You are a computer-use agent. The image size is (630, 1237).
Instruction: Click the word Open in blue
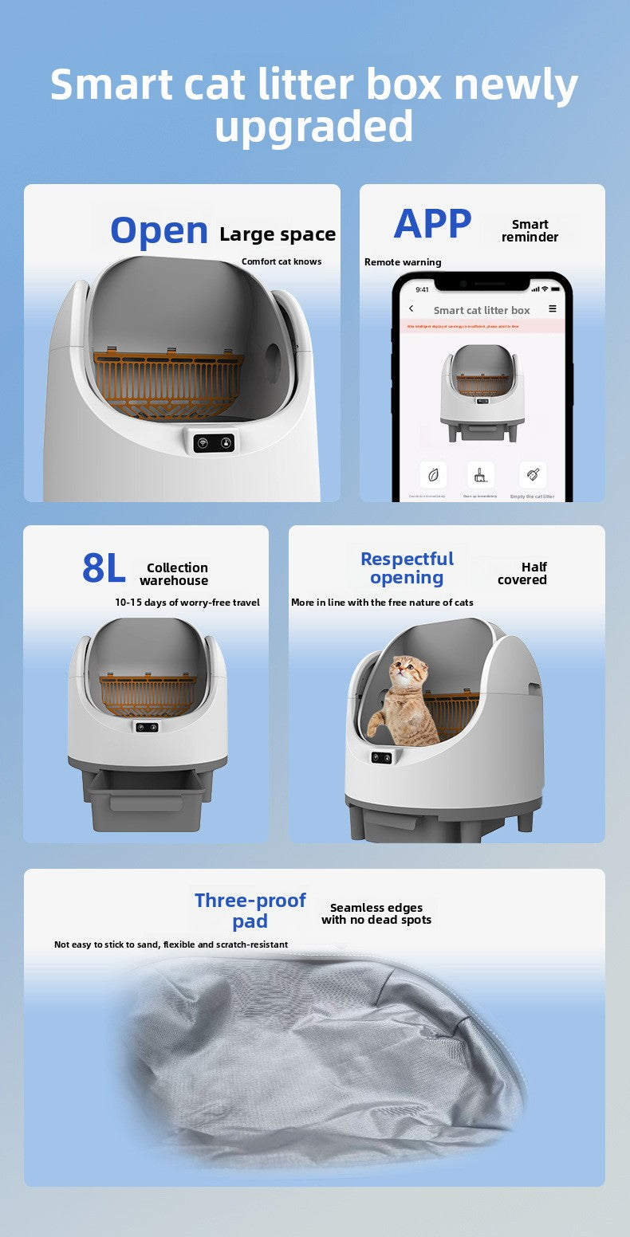tap(159, 230)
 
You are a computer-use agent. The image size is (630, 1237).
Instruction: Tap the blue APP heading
tap(432, 224)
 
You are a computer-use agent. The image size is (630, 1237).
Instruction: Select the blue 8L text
tap(104, 568)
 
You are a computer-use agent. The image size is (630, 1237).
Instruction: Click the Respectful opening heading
tap(407, 568)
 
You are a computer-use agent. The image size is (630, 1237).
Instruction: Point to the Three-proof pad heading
tap(250, 910)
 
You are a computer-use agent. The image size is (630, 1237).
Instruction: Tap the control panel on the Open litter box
tap(214, 442)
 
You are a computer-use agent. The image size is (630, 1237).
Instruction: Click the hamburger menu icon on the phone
tap(553, 309)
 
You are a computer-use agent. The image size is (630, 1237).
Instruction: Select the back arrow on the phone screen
tap(411, 309)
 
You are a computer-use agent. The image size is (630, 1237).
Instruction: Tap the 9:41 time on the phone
tap(422, 289)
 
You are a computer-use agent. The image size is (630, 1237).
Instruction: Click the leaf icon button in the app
tap(433, 475)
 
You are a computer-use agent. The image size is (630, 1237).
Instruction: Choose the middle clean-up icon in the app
tap(480, 475)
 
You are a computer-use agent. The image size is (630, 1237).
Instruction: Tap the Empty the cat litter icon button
tap(532, 475)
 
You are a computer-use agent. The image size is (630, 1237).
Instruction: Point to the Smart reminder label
tap(530, 230)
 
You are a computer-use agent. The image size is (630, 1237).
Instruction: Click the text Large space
tap(278, 234)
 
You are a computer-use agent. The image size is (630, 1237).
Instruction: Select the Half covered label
tap(523, 573)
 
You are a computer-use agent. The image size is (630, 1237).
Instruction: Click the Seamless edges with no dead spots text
tap(376, 913)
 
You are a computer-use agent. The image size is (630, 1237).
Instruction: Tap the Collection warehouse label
tap(175, 574)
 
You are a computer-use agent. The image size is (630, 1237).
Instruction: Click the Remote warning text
tap(403, 262)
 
